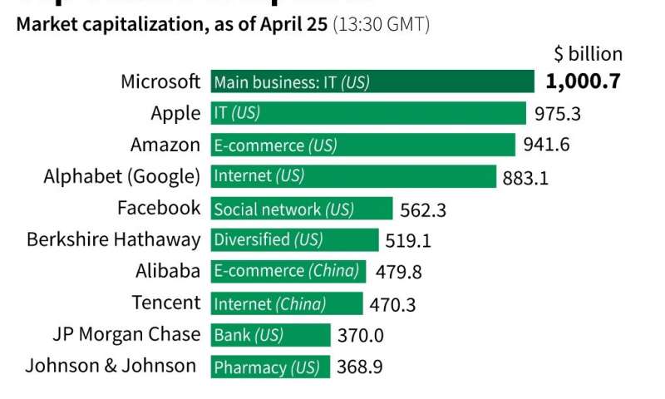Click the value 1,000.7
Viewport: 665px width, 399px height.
(583, 81)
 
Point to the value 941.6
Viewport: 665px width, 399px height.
(546, 145)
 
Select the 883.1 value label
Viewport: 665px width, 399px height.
(525, 177)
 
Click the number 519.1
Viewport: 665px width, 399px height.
(408, 241)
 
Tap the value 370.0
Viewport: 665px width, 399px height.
(360, 335)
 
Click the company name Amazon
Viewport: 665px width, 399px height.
(165, 145)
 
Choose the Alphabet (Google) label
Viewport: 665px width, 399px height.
(121, 176)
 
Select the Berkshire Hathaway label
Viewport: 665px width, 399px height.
(113, 239)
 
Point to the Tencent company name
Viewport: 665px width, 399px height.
(165, 303)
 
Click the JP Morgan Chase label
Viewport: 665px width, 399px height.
(126, 334)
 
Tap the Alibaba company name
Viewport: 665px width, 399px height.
(168, 271)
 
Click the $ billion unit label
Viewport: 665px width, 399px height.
(588, 54)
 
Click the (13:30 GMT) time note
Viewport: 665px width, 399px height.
(381, 24)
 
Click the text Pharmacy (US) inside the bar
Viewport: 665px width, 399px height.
(267, 367)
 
